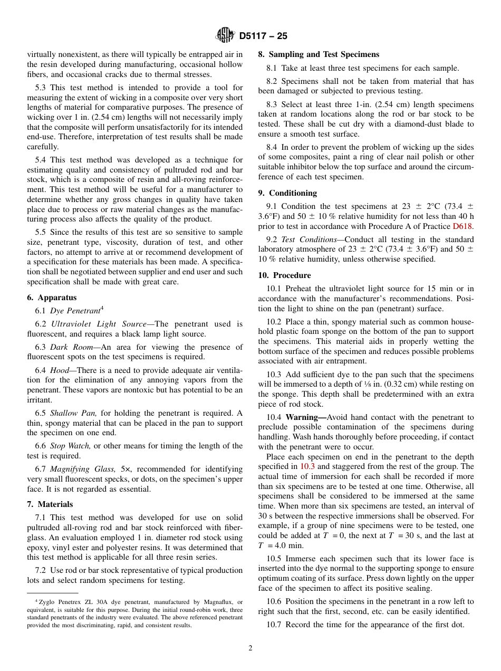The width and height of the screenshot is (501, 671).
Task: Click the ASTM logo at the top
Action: (225, 36)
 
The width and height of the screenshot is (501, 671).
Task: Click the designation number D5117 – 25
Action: (263, 36)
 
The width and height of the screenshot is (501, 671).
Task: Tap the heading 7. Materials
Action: (50, 504)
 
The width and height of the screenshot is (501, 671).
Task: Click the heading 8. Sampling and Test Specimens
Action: (319, 54)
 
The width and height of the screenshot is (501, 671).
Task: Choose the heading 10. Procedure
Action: (284, 275)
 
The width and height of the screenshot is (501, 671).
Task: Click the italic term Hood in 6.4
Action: (60, 370)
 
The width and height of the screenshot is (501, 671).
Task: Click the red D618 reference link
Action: (463, 226)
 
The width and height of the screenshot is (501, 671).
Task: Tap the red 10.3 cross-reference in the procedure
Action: (307, 466)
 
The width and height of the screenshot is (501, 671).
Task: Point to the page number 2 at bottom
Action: (250, 648)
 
